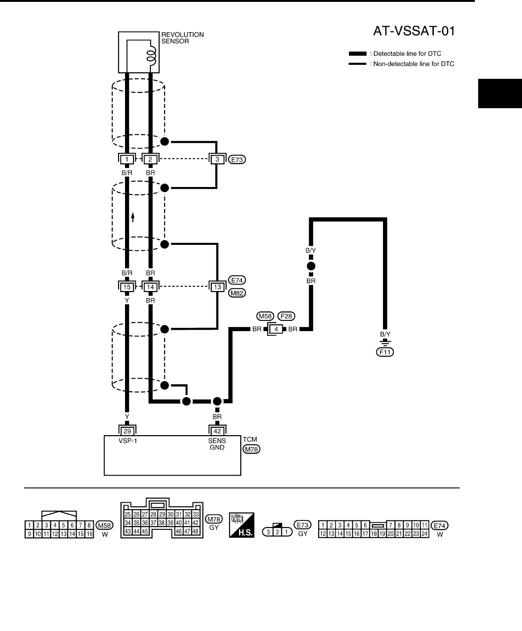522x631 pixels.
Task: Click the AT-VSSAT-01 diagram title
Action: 414,31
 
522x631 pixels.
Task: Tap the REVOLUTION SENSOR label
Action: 182,38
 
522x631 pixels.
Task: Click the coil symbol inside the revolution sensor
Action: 151,55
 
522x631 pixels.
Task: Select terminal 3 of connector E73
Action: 217,159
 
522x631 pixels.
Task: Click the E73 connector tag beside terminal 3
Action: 238,159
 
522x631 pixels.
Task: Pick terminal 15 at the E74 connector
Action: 127,287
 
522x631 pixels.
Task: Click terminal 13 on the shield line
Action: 217,287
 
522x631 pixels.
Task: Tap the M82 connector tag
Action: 238,293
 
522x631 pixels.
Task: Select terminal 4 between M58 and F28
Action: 277,329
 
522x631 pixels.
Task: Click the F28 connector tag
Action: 286,316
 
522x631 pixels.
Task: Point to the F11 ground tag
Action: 385,352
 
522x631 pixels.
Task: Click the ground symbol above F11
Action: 385,342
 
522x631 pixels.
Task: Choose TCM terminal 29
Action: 127,431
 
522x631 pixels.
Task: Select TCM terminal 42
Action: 217,431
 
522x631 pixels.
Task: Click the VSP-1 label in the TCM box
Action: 127,441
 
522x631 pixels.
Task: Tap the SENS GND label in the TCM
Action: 217,444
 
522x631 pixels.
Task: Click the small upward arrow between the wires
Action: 133,217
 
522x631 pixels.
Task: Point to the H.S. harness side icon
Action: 242,525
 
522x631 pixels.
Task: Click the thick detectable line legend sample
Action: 357,54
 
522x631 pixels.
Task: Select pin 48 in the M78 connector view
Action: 196,531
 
